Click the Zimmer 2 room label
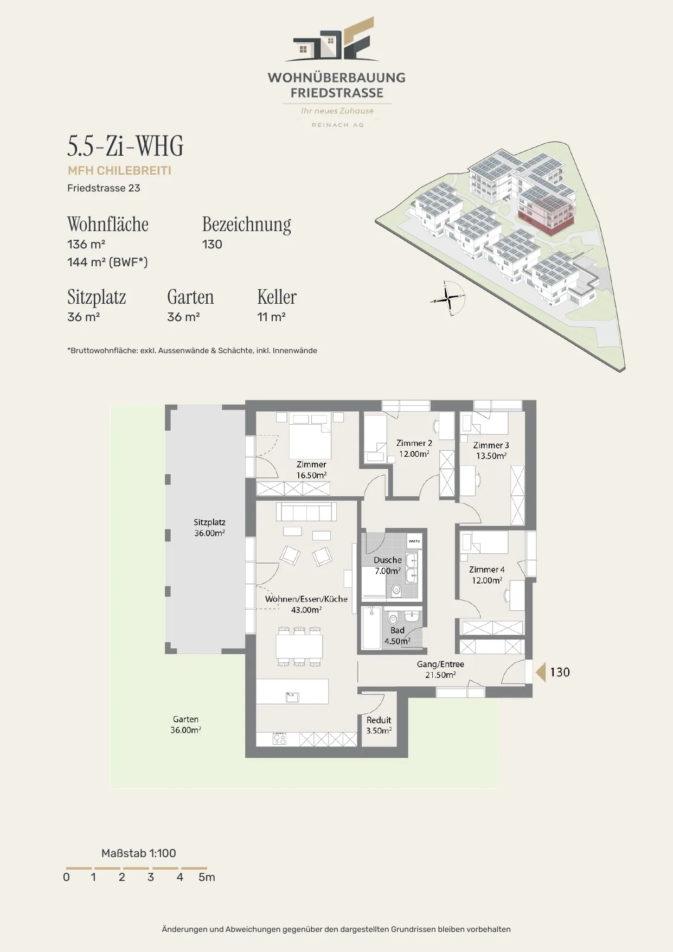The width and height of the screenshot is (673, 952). pos(414,443)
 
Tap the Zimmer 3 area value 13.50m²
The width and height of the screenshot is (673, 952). pos(491,456)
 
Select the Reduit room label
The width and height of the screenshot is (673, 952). pos(379,720)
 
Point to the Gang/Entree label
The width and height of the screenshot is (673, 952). pos(440,664)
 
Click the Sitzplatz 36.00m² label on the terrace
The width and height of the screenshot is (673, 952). pos(209,528)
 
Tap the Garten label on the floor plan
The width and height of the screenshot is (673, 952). pos(185,719)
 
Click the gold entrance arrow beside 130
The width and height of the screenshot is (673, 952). pos(540,672)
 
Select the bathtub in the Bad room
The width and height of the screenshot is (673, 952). pos(371,628)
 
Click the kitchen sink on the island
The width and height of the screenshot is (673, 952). pos(292,697)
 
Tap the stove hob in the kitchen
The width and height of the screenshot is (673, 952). pos(279,738)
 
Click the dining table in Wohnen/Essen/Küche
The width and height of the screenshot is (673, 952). pos(299,646)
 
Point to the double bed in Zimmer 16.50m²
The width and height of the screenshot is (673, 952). pos(310,436)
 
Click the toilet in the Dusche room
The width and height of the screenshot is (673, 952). pos(396,590)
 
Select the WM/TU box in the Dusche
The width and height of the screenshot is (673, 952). pos(414,541)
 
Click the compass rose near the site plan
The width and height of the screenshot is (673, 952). pos(448,298)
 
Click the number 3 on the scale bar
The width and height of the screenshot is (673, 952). pos(151,877)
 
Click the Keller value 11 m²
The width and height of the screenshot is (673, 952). pos(271,317)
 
